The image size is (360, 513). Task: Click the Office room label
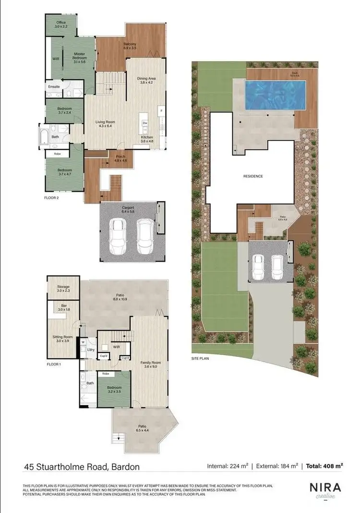click(61, 23)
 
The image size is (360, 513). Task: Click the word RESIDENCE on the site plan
click(253, 176)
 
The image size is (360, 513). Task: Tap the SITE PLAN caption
click(200, 358)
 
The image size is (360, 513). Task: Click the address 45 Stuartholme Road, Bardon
click(83, 466)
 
